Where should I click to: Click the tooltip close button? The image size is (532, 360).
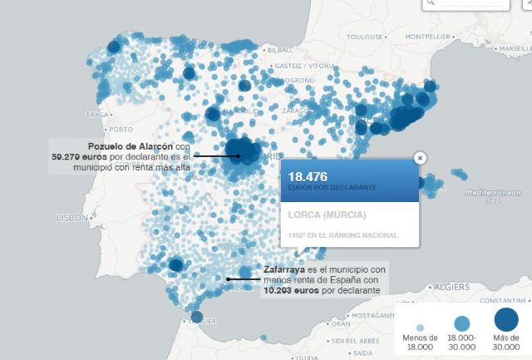(x=420, y=156)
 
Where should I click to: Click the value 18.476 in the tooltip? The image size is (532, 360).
(x=308, y=176)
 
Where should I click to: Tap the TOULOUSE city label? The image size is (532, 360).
(x=365, y=37)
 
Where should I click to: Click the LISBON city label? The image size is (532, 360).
(x=71, y=217)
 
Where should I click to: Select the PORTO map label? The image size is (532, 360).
(x=121, y=129)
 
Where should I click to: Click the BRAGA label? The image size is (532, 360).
(x=99, y=113)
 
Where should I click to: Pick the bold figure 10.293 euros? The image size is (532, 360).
(x=288, y=290)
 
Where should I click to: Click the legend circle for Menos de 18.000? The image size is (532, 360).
(x=420, y=328)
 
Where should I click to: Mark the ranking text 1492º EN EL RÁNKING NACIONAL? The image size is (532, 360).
(x=342, y=235)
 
